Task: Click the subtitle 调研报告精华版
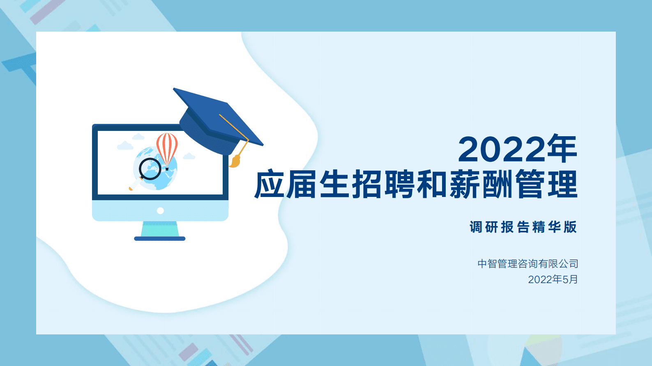523,227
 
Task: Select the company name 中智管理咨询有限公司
528,263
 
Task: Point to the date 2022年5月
553,279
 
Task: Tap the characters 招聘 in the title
383,185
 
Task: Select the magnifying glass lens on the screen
150,169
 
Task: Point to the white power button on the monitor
160,210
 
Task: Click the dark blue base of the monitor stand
160,238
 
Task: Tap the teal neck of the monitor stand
160,229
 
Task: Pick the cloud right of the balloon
189,156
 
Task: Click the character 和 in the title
431,185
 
